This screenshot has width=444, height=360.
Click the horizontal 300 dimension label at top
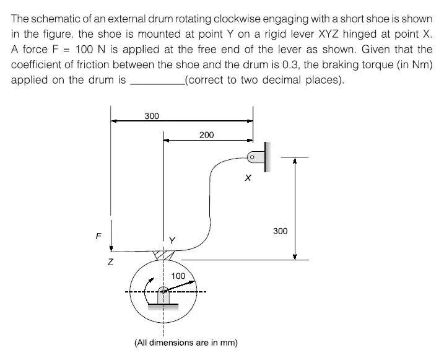click(x=152, y=116)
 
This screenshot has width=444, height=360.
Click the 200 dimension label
click(x=207, y=134)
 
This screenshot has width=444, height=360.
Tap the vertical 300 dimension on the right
click(x=280, y=231)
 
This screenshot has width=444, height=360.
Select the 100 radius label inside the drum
click(x=178, y=275)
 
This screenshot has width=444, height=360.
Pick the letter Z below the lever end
click(x=111, y=263)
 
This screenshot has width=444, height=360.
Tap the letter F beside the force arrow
click(x=97, y=235)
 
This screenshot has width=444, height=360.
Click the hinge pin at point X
click(x=253, y=157)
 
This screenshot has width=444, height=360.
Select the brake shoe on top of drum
click(x=162, y=255)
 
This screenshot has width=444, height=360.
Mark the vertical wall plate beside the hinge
click(x=267, y=157)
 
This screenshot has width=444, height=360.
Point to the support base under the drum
click(x=162, y=303)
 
